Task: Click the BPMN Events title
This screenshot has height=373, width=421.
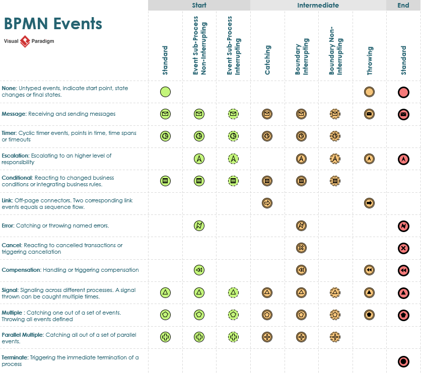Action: (x=53, y=24)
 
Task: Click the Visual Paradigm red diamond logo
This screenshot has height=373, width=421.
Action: (x=25, y=41)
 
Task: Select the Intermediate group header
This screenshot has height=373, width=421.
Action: (x=318, y=6)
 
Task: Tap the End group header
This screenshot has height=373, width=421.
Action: (x=403, y=6)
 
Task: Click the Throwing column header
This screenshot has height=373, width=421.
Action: (x=370, y=61)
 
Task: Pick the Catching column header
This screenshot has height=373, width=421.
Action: (x=267, y=60)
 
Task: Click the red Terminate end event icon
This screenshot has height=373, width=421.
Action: (x=403, y=361)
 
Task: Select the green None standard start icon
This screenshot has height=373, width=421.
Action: (x=165, y=92)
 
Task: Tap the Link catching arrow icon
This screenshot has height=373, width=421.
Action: (x=267, y=203)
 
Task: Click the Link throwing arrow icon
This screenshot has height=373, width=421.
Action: (x=370, y=203)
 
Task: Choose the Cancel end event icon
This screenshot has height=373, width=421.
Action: (x=403, y=248)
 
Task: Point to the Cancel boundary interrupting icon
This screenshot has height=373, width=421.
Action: (x=301, y=248)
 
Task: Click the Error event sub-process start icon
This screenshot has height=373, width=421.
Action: (x=199, y=226)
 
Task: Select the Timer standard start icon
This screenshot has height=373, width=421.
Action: (x=165, y=136)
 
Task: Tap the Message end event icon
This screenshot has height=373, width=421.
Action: (x=403, y=114)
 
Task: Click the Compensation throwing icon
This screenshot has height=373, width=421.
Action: (x=370, y=270)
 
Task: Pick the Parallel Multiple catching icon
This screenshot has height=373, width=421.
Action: (x=267, y=337)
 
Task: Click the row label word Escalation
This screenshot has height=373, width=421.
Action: (x=15, y=156)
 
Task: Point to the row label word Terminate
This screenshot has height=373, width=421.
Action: (x=15, y=357)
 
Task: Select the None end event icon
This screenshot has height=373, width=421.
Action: (x=403, y=92)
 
